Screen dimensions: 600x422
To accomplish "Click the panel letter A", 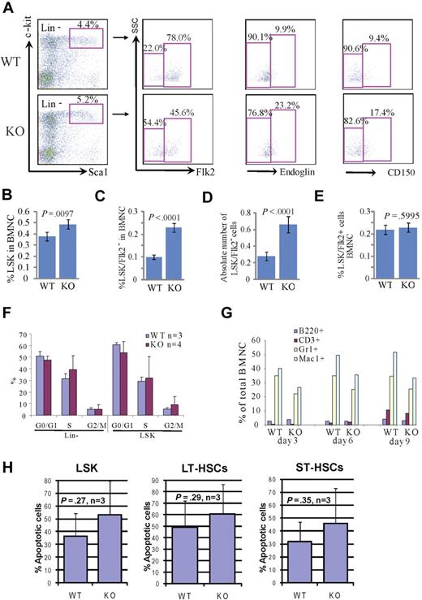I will point(6,7).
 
